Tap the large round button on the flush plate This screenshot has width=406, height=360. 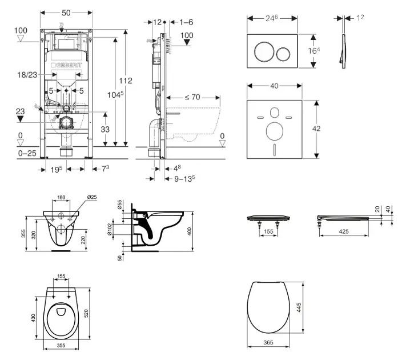pyautogui.click(x=264, y=52)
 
